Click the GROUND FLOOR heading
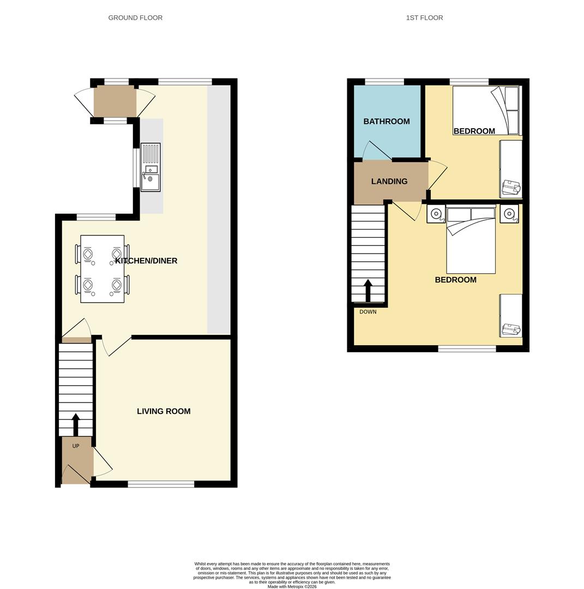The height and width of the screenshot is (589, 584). pyautogui.click(x=135, y=18)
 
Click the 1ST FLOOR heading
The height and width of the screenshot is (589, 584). pyautogui.click(x=424, y=18)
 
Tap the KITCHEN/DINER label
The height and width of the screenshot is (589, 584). pyautogui.click(x=146, y=261)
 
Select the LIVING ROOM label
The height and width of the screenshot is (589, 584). pyautogui.click(x=164, y=412)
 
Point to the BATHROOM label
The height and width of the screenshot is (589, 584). pyautogui.click(x=387, y=122)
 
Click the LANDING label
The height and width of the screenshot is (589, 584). pyautogui.click(x=389, y=182)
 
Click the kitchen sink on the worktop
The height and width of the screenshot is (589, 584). pyautogui.click(x=150, y=167)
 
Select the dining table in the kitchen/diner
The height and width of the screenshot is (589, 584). pyautogui.click(x=102, y=269)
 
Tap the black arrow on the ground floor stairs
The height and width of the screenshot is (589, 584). pyautogui.click(x=76, y=424)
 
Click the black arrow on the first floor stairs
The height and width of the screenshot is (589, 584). pyautogui.click(x=368, y=291)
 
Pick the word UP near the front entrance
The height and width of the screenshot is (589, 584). pyautogui.click(x=76, y=446)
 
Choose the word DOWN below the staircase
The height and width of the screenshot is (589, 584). pyautogui.click(x=368, y=312)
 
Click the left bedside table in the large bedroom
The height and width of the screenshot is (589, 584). pyautogui.click(x=436, y=214)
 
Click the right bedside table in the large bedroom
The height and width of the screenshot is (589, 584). pyautogui.click(x=509, y=214)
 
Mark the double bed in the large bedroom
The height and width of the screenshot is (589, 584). pyautogui.click(x=471, y=240)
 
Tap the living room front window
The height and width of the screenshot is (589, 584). pyautogui.click(x=161, y=484)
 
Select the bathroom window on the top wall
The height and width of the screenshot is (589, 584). pyautogui.click(x=384, y=82)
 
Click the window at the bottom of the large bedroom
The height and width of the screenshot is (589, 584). pyautogui.click(x=467, y=348)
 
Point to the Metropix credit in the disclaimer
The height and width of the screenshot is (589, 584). pyautogui.click(x=292, y=587)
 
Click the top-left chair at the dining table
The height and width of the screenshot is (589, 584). pyautogui.click(x=86, y=254)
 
